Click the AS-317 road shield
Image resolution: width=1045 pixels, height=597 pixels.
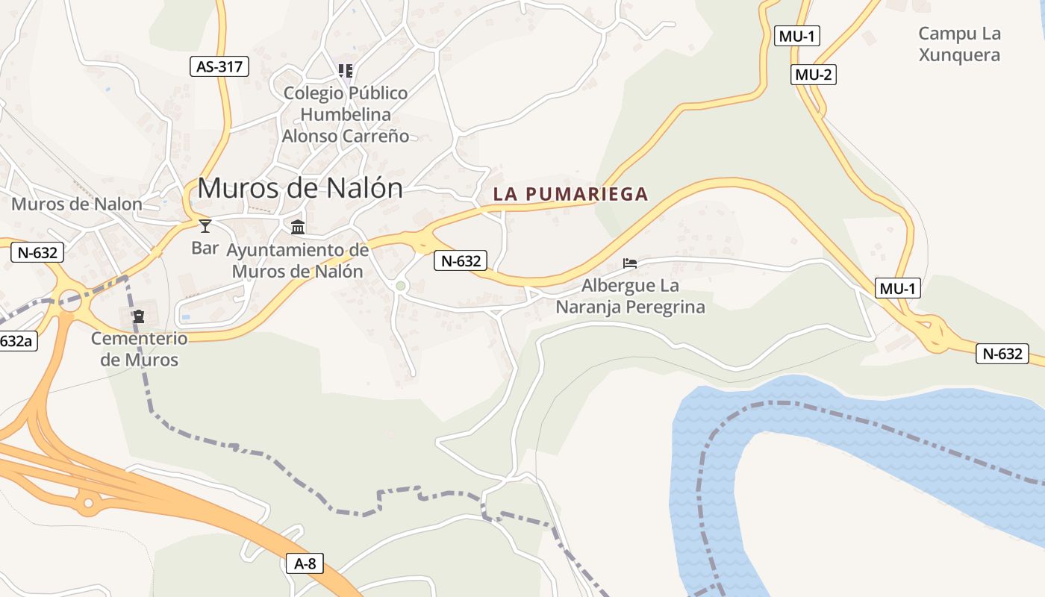coord(219,66)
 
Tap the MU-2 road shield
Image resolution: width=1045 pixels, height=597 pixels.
coord(813,74)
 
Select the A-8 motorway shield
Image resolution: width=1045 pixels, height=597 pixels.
coord(305,563)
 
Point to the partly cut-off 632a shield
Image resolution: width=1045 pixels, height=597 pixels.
coord(16,341)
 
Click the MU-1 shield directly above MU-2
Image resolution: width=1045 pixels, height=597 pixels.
coord(796,36)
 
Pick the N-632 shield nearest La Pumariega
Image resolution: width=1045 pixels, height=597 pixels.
coord(461,260)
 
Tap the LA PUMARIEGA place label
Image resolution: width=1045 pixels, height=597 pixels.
coord(570,194)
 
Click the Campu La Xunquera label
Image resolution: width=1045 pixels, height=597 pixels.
coord(959,44)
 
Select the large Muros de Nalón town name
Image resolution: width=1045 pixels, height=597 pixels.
coord(300,188)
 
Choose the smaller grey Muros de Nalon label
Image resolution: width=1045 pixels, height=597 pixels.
coord(77,204)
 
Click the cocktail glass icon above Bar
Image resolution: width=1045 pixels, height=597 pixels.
coord(205,226)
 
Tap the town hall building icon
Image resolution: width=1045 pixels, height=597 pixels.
coord(298,227)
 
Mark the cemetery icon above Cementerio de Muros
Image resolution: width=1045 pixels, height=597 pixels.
coord(139,316)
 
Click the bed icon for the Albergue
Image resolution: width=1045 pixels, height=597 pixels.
coord(630,263)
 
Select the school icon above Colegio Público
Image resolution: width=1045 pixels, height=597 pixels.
coord(345,71)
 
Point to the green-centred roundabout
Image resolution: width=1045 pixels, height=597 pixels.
coord(401,286)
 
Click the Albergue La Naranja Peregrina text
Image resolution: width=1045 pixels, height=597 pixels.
coord(630,296)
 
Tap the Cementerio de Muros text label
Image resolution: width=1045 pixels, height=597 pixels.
coord(140,349)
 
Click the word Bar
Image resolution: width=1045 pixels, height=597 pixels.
coord(205,248)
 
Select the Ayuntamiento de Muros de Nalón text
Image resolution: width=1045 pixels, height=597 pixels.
coord(297,260)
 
